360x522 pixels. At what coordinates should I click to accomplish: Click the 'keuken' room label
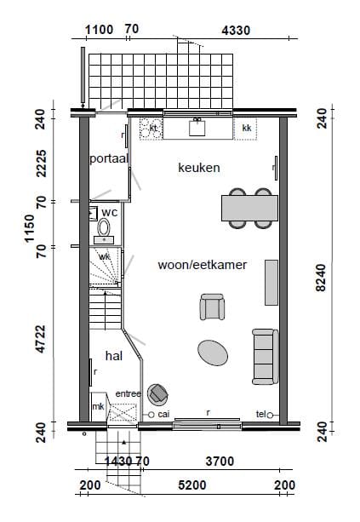click(x=199, y=168)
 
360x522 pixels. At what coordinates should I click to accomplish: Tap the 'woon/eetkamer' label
click(x=203, y=265)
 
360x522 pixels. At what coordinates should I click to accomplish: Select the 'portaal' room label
click(x=109, y=159)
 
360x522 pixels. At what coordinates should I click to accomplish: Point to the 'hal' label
click(x=114, y=355)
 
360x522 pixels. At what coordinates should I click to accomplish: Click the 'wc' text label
click(x=109, y=211)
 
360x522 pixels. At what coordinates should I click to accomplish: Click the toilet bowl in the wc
click(x=105, y=227)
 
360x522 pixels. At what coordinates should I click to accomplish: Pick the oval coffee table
click(x=213, y=351)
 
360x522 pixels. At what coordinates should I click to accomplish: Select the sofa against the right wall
click(x=264, y=356)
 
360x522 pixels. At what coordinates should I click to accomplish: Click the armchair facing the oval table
click(x=212, y=307)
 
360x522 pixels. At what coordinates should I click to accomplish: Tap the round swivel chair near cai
click(x=157, y=393)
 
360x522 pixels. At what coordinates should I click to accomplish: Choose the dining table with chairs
click(x=249, y=208)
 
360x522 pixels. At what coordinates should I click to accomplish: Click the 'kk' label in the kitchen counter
click(x=247, y=129)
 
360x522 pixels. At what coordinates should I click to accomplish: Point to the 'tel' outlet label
click(x=260, y=415)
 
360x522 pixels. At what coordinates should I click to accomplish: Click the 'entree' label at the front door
click(x=128, y=394)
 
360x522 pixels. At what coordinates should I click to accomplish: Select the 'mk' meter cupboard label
click(x=98, y=408)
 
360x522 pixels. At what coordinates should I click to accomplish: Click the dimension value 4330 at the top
click(x=235, y=31)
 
